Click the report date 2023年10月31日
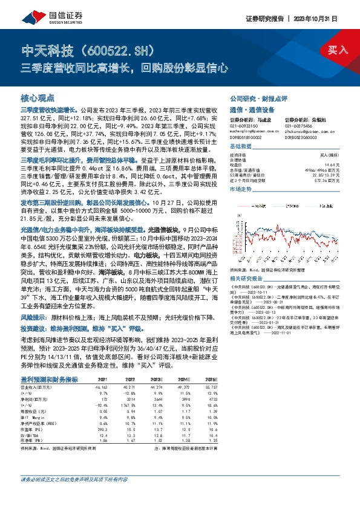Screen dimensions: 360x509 [321, 18]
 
